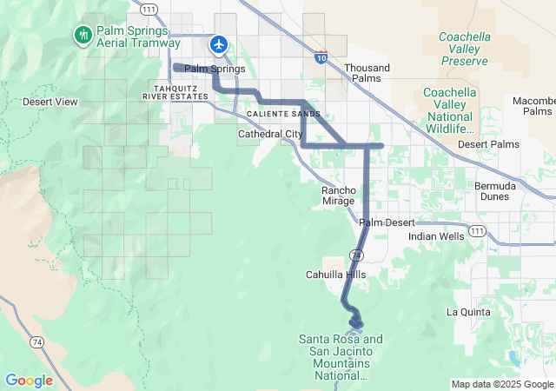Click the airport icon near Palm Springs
(218, 43)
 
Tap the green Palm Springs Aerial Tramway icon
(83, 35)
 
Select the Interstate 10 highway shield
(321, 56)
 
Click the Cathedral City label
(270, 134)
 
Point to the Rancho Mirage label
(338, 195)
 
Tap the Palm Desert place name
(387, 222)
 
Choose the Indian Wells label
(436, 235)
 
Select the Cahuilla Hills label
(336, 275)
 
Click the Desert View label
(50, 102)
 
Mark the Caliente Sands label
(277, 114)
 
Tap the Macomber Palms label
(533, 106)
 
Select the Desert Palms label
(488, 144)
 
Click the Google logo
(30, 381)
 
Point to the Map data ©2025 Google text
(501, 384)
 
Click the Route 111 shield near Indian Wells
(477, 230)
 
